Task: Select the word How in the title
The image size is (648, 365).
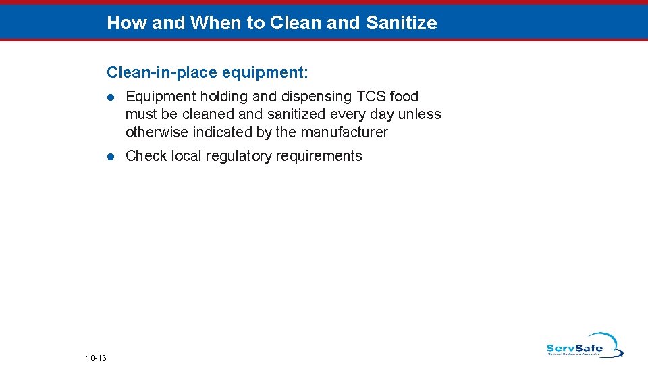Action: (x=127, y=23)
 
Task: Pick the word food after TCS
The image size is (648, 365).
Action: (x=404, y=97)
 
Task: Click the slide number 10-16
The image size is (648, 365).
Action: (x=97, y=357)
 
